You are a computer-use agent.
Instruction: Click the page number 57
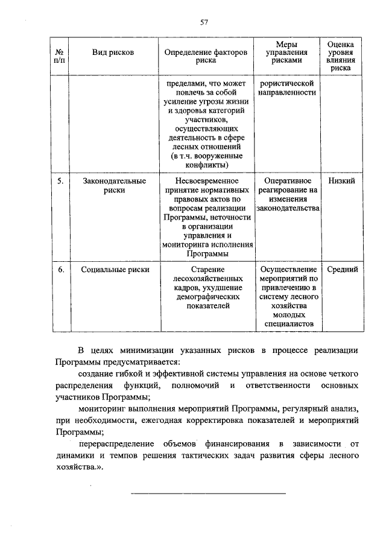[204, 22]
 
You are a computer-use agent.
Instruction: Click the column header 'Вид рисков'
[113, 52]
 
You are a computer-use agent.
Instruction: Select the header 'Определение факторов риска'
[206, 57]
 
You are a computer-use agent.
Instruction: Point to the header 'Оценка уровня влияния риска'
[341, 57]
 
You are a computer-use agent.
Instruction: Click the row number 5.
[60, 181]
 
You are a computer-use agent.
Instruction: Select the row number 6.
[60, 270]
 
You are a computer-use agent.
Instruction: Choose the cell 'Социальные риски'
[115, 270]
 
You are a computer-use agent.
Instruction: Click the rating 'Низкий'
[341, 181]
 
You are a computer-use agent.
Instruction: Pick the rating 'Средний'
[342, 270]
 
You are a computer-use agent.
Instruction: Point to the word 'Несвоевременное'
[207, 181]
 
